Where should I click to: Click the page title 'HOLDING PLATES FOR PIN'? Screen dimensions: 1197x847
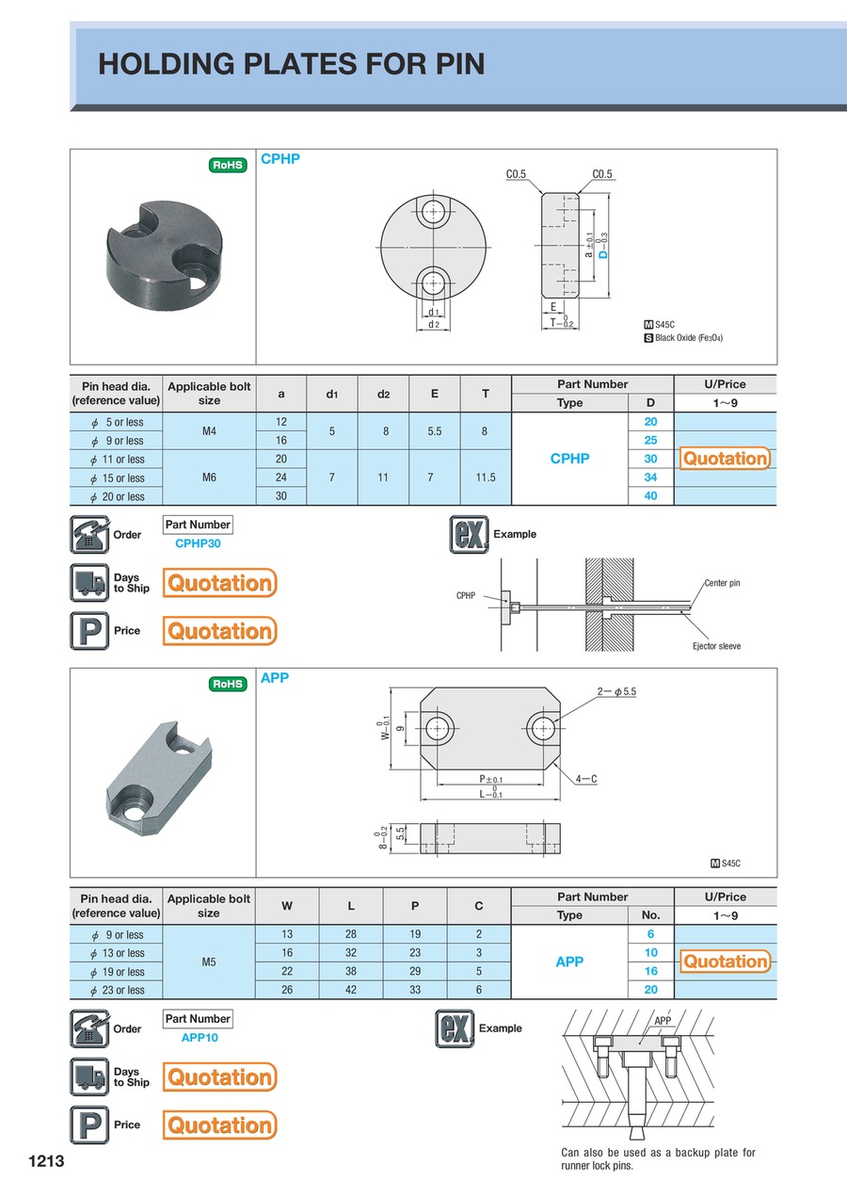[292, 64]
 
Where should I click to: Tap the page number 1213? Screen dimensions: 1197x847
[46, 1161]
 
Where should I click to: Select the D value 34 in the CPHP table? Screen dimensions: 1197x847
[650, 477]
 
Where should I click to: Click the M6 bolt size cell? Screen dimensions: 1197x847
[209, 477]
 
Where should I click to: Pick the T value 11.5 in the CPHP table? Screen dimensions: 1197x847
[486, 477]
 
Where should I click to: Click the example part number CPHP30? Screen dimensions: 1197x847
[198, 543]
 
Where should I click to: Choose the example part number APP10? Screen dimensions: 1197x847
[200, 1037]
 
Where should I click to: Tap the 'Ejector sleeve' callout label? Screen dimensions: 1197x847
[716, 646]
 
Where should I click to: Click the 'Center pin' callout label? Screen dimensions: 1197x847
[722, 583]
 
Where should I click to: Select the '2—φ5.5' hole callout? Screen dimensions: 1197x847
[616, 691]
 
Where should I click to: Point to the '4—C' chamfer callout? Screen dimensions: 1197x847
[587, 779]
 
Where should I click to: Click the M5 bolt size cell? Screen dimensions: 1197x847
[209, 962]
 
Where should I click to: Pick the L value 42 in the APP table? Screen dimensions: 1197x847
[351, 990]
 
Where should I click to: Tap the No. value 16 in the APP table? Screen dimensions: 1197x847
[650, 971]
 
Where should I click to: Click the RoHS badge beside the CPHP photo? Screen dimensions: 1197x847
[227, 165]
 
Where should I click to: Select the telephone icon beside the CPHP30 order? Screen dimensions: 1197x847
[89, 535]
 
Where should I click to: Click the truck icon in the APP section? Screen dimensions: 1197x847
[89, 1076]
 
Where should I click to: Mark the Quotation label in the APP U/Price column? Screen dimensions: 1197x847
[725, 962]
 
